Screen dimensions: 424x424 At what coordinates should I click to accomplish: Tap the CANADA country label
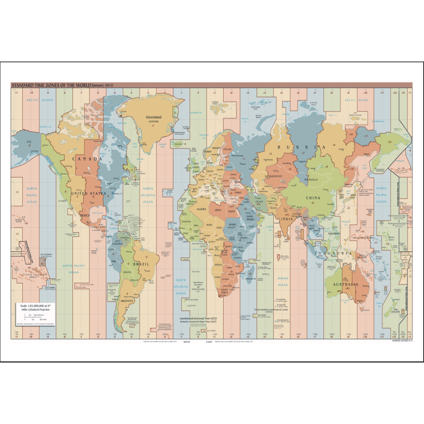[87, 159]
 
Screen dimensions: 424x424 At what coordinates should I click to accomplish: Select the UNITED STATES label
[89, 193]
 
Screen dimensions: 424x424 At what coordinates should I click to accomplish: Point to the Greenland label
[154, 117]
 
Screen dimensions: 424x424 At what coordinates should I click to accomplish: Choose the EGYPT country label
[231, 212]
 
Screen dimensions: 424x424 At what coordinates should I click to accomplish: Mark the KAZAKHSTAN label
[274, 176]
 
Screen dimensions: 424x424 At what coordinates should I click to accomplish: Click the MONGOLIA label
[311, 180]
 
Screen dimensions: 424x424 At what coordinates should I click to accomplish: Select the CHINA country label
[313, 198]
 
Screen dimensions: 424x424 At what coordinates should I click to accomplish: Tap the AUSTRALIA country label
[347, 285]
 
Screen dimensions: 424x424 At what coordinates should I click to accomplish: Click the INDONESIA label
[333, 253]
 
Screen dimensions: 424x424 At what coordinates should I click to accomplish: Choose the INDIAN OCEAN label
[283, 282]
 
